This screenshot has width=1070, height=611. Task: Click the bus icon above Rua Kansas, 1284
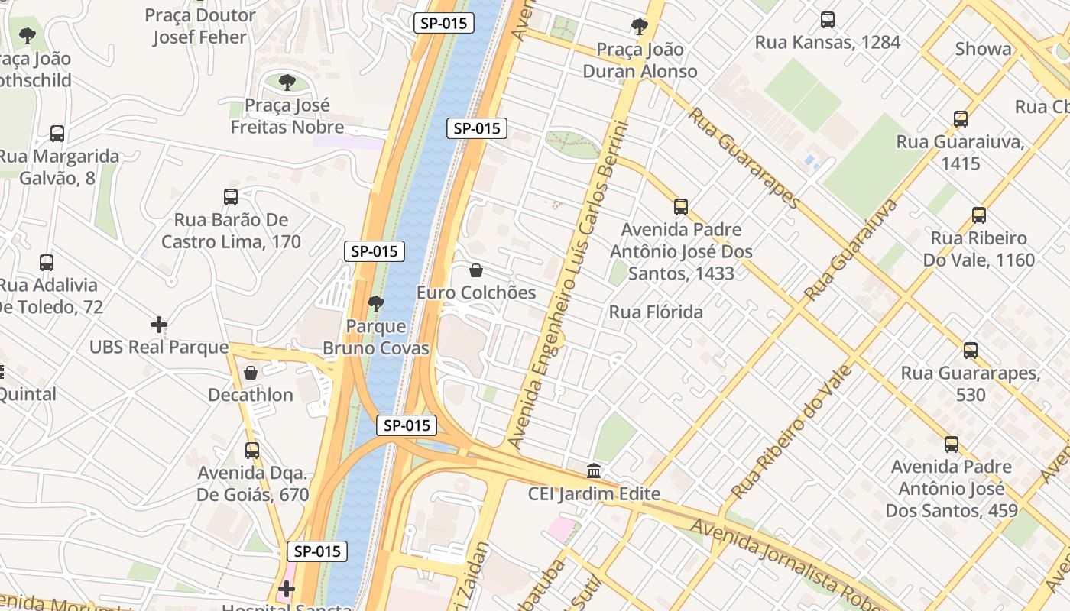coord(827,20)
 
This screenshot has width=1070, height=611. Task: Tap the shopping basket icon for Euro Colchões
coord(476,270)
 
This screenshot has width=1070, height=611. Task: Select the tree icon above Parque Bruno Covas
coord(375,304)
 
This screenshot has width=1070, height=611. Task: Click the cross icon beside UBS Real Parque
coord(159,325)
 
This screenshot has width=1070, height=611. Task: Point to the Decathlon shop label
coord(251,395)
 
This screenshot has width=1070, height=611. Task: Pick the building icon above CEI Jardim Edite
coord(594,471)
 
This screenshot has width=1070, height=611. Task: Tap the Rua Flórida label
coord(656,312)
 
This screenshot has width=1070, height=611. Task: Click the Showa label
coord(983,50)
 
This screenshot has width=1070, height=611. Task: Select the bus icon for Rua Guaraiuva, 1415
coord(961,119)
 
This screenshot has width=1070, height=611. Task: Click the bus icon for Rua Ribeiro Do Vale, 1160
coord(978,215)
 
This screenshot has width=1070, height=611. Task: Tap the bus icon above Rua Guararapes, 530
coord(970,351)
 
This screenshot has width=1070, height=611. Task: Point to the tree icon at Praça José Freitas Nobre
coord(287,82)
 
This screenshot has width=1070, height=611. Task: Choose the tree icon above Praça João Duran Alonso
coord(640,27)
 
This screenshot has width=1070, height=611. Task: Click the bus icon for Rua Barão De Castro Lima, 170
coord(231,197)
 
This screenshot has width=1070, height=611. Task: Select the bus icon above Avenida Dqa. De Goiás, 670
coord(252,451)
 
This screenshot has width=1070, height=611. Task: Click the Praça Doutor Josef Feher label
coord(199,26)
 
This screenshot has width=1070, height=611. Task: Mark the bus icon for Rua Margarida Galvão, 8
coord(57,134)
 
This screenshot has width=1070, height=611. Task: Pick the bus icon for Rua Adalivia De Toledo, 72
coord(47,263)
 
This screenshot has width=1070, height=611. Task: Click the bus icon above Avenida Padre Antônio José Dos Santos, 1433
coord(681,207)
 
